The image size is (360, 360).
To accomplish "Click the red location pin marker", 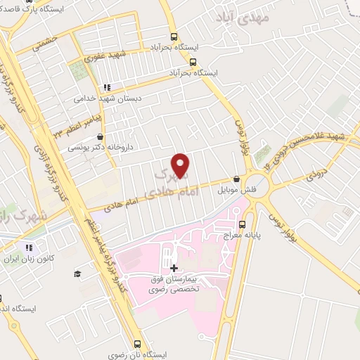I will [181, 165].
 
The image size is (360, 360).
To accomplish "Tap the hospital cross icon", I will [174, 268].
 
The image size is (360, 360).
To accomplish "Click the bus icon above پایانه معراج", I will [242, 225].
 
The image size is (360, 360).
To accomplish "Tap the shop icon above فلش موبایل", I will [236, 179].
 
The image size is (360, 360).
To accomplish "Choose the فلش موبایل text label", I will [230, 191].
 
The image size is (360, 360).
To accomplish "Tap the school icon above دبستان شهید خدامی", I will [105, 88].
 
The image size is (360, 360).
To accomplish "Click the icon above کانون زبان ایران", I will [30, 247].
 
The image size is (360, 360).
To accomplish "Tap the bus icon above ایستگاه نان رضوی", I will [137, 344].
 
